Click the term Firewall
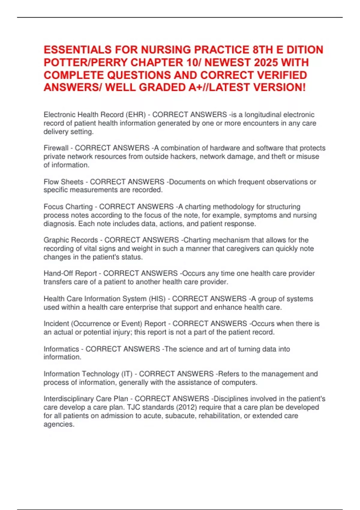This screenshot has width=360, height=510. pos(56,148)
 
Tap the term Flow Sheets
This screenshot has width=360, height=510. pos(64,182)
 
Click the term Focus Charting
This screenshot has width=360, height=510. pos(68,207)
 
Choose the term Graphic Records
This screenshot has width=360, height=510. pos(71,240)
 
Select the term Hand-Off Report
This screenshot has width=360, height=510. pos(70,273)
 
